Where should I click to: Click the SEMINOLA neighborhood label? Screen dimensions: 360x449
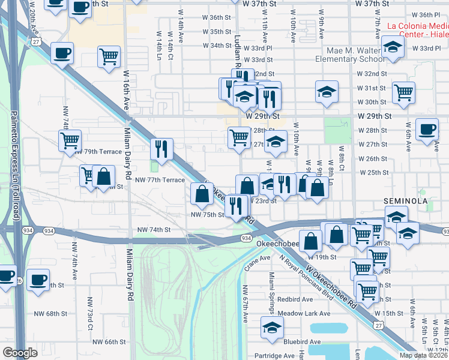tap(405, 200)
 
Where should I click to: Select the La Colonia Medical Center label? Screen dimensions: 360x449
tap(418, 29)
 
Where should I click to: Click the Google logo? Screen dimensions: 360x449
tap(20, 353)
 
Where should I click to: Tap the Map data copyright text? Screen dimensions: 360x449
tap(423, 355)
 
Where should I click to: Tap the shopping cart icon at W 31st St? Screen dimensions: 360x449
tap(403, 93)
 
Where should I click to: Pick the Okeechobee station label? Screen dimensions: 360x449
tap(277, 244)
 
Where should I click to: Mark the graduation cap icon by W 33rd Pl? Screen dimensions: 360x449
tap(392, 48)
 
